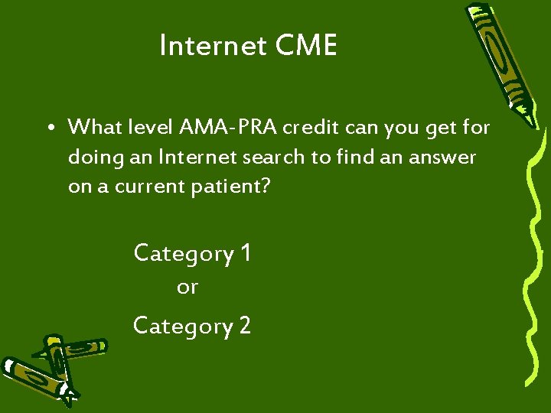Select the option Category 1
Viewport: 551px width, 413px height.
coord(192,252)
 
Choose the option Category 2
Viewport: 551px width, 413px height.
coord(192,326)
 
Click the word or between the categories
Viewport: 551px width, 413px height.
coord(187,288)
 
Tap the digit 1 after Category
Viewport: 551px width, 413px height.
coord(245,252)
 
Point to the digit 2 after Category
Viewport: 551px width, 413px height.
coord(245,326)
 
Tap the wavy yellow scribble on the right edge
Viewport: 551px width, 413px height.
coord(532,268)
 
